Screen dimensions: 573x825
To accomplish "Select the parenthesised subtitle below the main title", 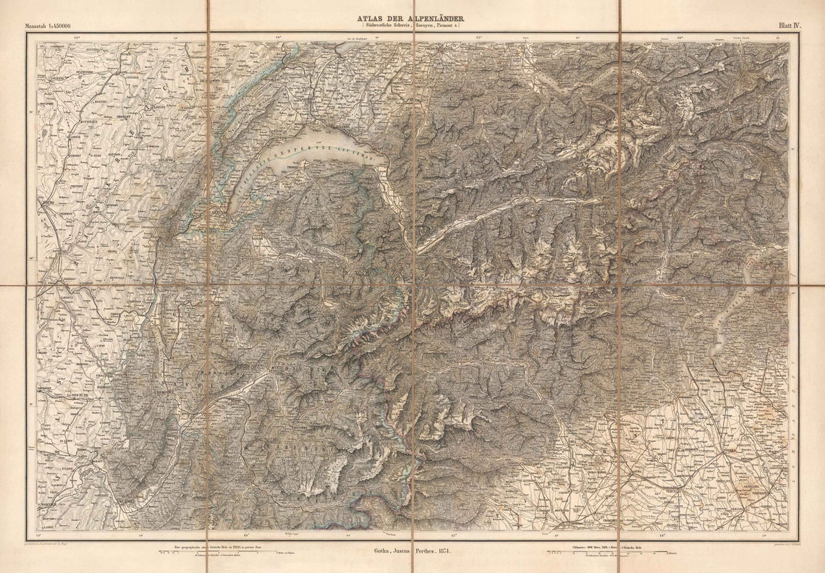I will [x=412, y=26].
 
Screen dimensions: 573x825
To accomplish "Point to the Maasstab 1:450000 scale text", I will [x=48, y=26].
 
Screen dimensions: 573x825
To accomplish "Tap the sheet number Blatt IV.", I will [x=789, y=25].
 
